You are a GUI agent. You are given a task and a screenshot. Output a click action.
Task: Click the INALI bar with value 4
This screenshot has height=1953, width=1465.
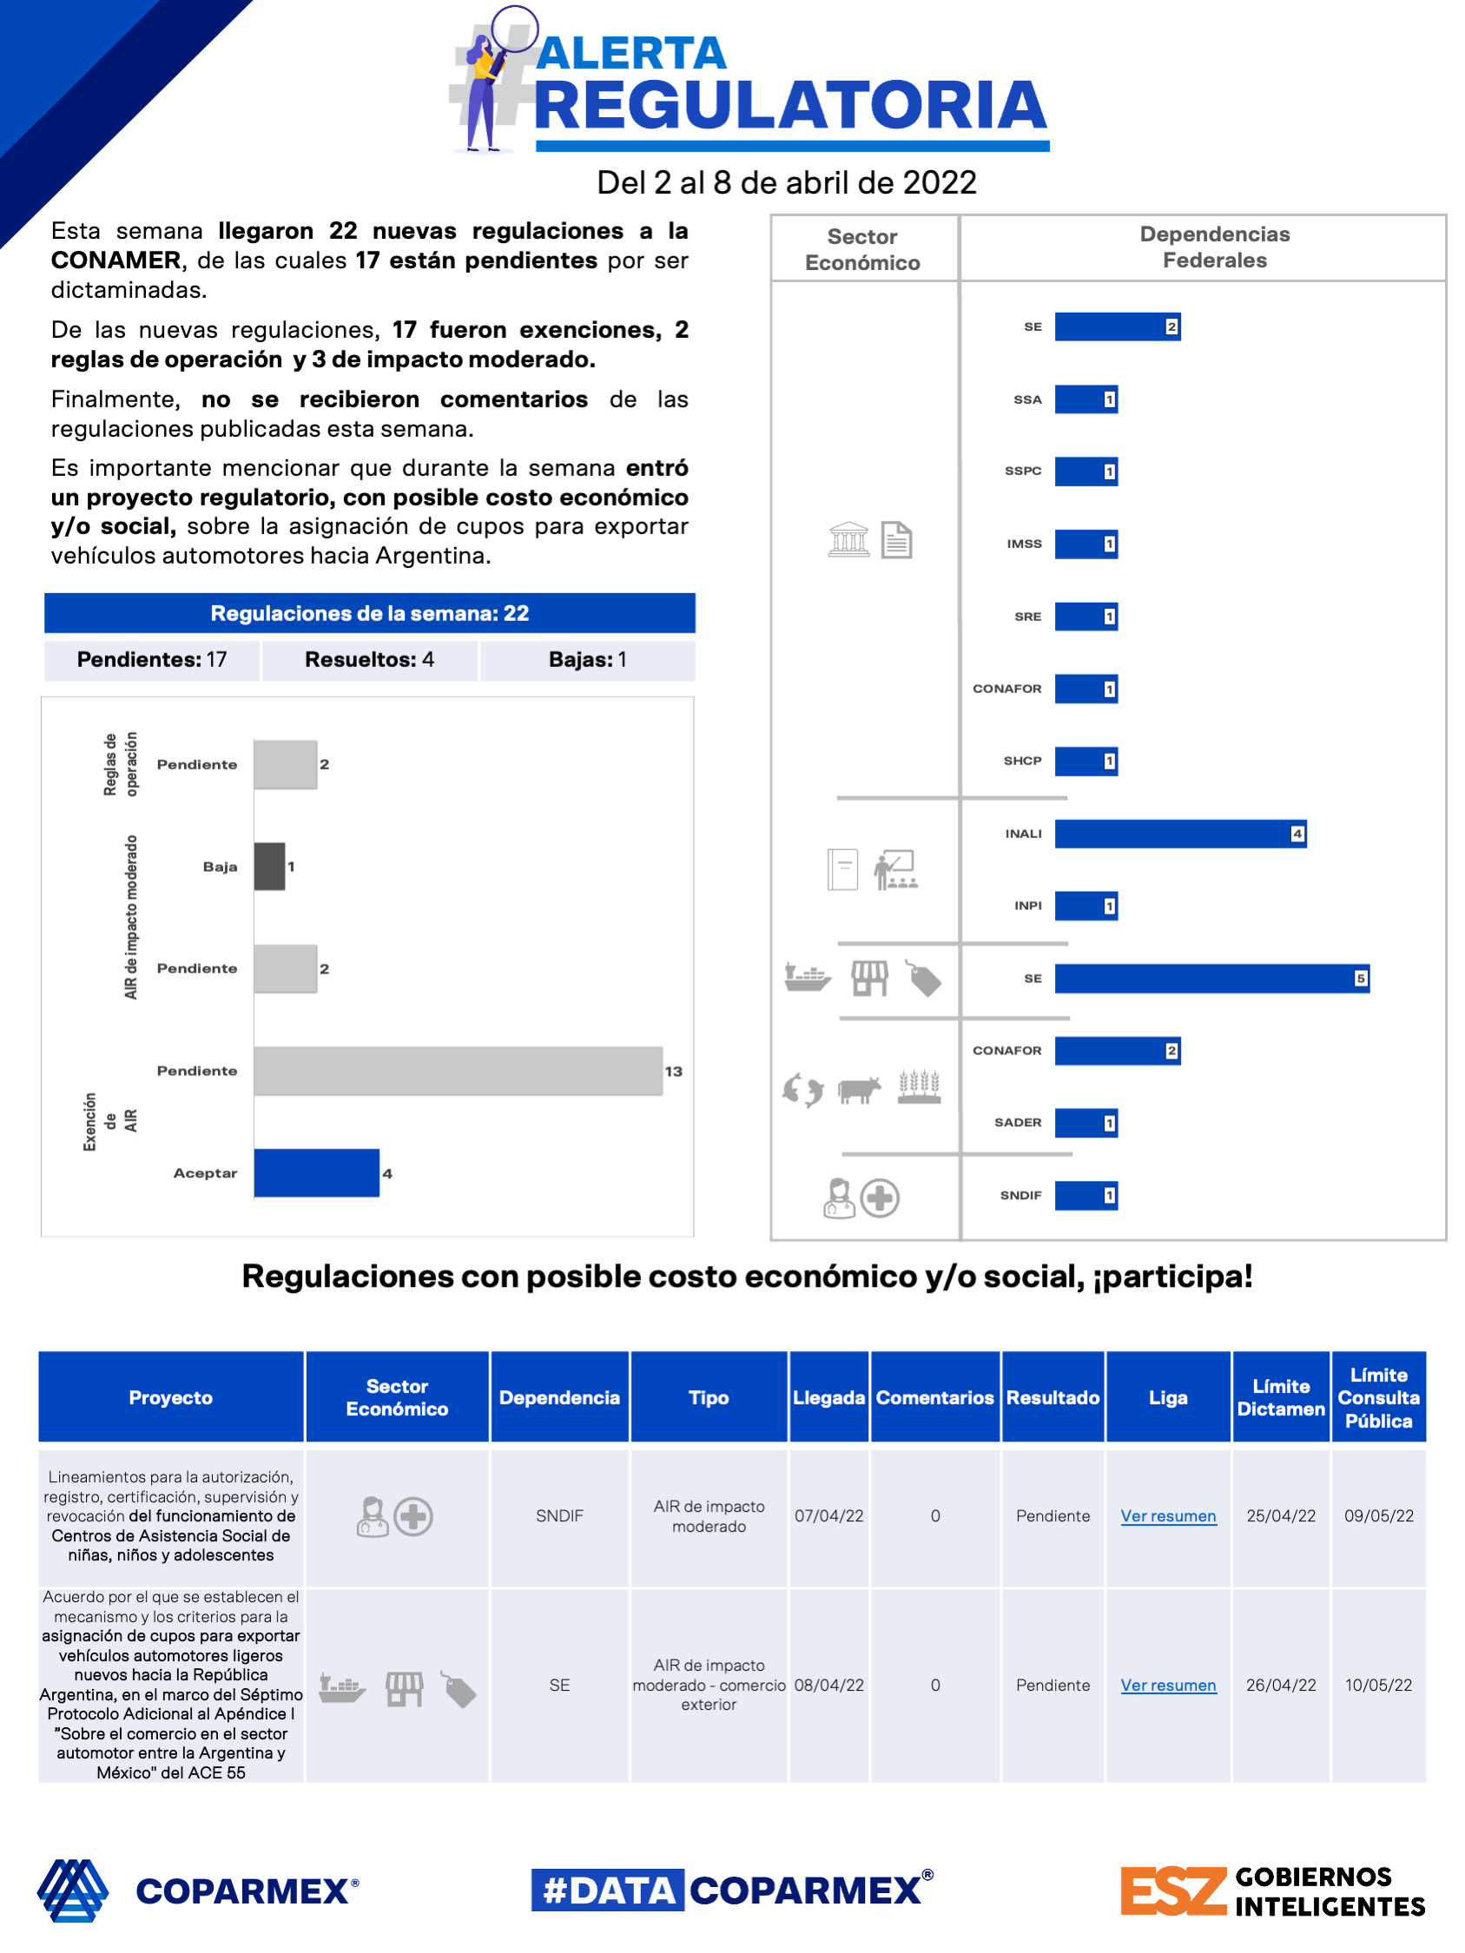[1179, 834]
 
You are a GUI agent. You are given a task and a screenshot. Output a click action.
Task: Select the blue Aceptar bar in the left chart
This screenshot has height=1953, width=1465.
[316, 1172]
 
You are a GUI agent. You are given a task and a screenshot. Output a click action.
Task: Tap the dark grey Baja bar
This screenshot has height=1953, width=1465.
[269, 866]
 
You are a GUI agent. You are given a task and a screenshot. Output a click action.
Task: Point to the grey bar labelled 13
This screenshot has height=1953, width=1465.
[458, 1071]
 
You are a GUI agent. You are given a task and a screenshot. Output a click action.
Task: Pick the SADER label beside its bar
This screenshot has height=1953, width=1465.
[1017, 1123]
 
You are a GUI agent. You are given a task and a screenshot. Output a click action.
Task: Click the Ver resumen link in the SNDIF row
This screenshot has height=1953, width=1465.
[1167, 1516]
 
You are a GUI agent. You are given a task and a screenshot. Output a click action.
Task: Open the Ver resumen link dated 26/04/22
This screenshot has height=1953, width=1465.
[1167, 1686]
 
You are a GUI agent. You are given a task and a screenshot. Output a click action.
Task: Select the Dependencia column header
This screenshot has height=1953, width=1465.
[559, 1397]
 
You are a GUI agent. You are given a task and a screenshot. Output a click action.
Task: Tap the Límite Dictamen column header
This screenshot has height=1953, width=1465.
[1280, 1397]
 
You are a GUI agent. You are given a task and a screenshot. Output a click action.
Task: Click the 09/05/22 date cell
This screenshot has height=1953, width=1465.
[1378, 1516]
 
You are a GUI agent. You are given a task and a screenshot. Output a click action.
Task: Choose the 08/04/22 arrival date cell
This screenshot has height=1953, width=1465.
[828, 1686]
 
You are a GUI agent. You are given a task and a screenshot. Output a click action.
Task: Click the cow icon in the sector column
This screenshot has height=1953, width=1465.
[859, 1090]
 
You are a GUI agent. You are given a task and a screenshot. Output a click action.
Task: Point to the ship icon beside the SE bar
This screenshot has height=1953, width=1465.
[807, 978]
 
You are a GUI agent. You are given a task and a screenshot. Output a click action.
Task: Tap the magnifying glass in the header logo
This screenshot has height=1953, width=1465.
[514, 29]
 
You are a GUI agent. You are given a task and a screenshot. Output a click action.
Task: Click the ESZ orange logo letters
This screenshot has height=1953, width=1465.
[1172, 1891]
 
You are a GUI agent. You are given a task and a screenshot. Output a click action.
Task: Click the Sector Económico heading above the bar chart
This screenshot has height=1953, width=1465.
[862, 250]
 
